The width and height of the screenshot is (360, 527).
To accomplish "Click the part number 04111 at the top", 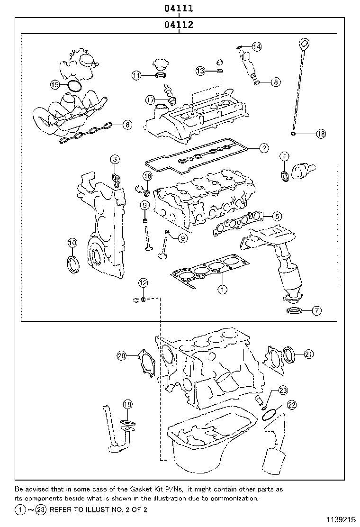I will (x=179, y=8).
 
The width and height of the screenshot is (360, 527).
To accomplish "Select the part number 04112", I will (x=179, y=26).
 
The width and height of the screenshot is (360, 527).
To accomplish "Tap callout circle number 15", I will (x=55, y=85).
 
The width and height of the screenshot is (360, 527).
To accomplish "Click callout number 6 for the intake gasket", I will (x=127, y=125).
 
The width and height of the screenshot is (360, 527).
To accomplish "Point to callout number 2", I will (x=264, y=148).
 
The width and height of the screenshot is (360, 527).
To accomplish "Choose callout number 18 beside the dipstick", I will (x=321, y=134).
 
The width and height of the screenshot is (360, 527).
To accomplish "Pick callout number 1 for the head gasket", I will (x=221, y=287).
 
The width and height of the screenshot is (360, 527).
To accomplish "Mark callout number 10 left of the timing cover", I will (x=72, y=243).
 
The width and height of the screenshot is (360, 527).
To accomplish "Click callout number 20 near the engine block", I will (x=122, y=355).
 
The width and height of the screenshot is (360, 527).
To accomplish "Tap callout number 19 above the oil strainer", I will (x=127, y=404).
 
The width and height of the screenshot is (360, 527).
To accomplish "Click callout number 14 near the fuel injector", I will (x=256, y=46).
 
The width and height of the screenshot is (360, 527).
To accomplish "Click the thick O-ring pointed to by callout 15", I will (x=74, y=86).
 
